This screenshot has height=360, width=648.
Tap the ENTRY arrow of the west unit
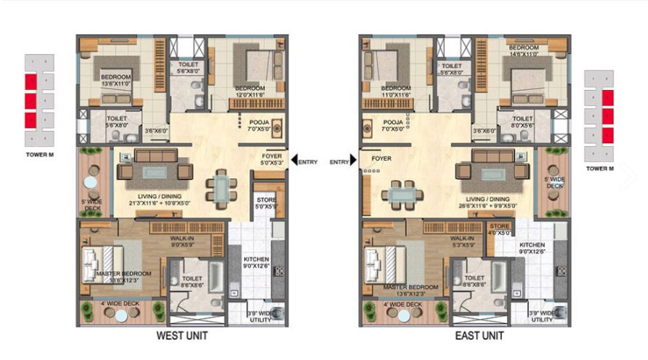294,162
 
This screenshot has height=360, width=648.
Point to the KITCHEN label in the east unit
532,245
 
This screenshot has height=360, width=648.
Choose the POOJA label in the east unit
393,122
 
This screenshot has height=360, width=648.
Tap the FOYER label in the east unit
382,158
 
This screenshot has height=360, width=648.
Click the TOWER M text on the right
600,168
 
